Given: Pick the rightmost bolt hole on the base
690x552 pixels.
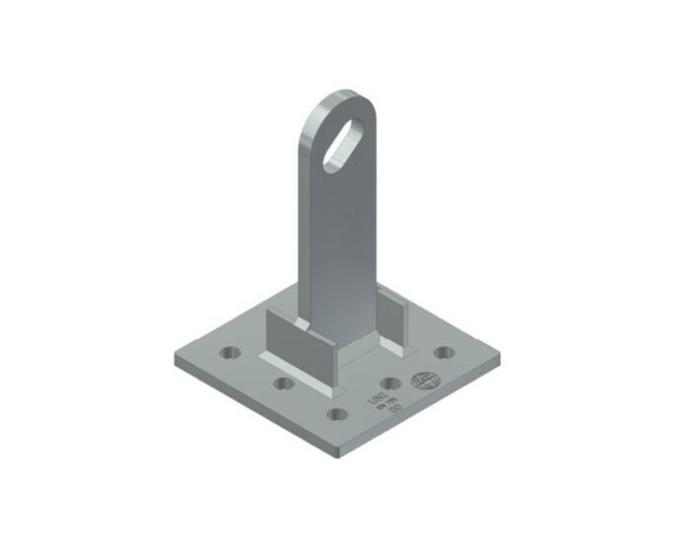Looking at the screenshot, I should click(444, 353).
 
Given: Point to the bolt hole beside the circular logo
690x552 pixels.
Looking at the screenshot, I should click(390, 382).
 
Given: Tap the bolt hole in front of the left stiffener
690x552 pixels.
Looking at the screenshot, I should click(285, 382).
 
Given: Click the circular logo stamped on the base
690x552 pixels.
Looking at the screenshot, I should click(425, 379).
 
